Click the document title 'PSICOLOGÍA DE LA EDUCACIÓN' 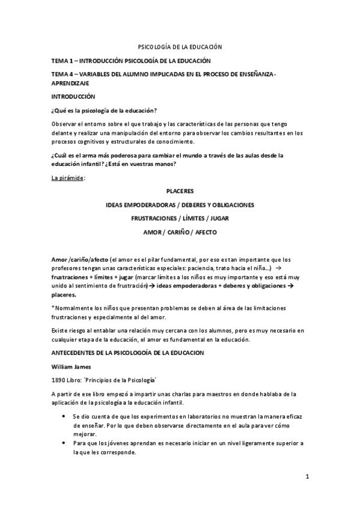point(180,46)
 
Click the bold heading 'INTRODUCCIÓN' point(73,96)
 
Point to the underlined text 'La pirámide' point(67,178)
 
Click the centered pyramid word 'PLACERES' point(180,191)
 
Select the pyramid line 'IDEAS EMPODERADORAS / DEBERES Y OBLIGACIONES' point(180,205)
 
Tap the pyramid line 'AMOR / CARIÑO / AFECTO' point(180,232)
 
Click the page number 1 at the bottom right point(307,477)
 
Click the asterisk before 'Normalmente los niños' point(53,308)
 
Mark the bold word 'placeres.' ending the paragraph point(64,295)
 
